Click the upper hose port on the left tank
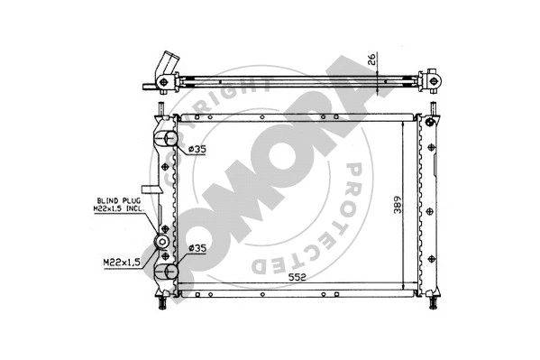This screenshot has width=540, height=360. click(x=167, y=140)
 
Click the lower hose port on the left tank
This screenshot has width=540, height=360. click(x=167, y=272)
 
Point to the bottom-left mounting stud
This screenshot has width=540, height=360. click(x=161, y=303)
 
